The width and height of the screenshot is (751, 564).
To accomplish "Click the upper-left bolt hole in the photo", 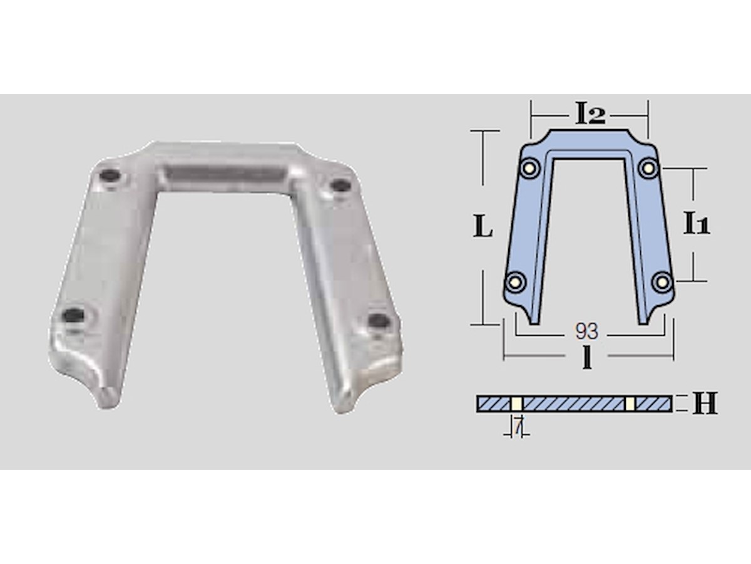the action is coord(111,177).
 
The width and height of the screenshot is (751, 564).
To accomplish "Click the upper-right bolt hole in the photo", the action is coord(341,186).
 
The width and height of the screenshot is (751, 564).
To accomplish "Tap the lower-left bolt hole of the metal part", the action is coord(74,314).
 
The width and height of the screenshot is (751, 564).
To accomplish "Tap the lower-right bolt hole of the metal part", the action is coord(379,321).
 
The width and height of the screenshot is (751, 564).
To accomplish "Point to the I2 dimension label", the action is coord(590,114).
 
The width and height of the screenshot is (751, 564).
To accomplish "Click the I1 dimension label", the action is coord(697,223).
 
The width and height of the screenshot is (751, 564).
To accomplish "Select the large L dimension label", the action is coord(483,226).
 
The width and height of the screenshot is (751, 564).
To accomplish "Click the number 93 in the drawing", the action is coord(587,331).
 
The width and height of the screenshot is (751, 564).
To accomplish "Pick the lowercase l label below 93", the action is coord(587,357).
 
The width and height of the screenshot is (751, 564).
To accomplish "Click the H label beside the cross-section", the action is coord(705,404).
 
